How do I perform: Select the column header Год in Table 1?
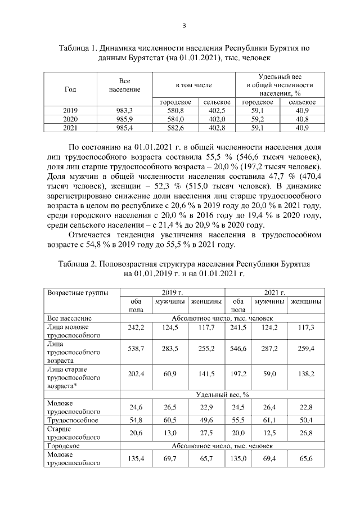tap(70, 89)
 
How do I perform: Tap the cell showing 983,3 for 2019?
tap(125, 111)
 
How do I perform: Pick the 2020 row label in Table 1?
tap(70, 119)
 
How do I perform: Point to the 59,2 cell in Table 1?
tap(257, 119)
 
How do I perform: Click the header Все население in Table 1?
tap(125, 86)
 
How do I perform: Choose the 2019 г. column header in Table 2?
tap(173, 292)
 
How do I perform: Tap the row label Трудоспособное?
tap(73, 420)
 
